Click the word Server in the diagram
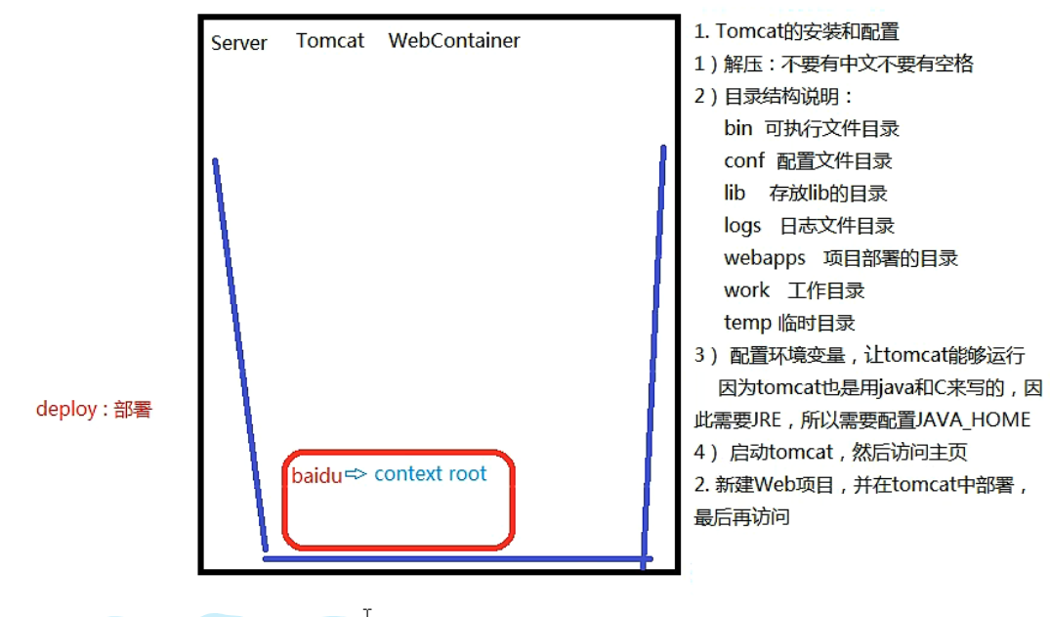[x=238, y=43]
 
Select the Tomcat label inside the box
[x=330, y=41]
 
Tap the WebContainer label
[x=454, y=41]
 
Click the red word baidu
[x=316, y=475]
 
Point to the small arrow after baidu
[x=356, y=474]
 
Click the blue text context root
[x=430, y=474]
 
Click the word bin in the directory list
[x=738, y=128]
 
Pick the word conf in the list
[x=744, y=160]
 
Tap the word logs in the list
[x=742, y=226]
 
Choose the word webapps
[x=765, y=258]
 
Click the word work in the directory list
[x=746, y=290]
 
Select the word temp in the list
[x=746, y=323]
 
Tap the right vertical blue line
[x=653, y=352]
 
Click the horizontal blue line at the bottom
[x=454, y=558]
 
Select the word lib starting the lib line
[x=735, y=194]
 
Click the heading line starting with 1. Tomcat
[x=796, y=31]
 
